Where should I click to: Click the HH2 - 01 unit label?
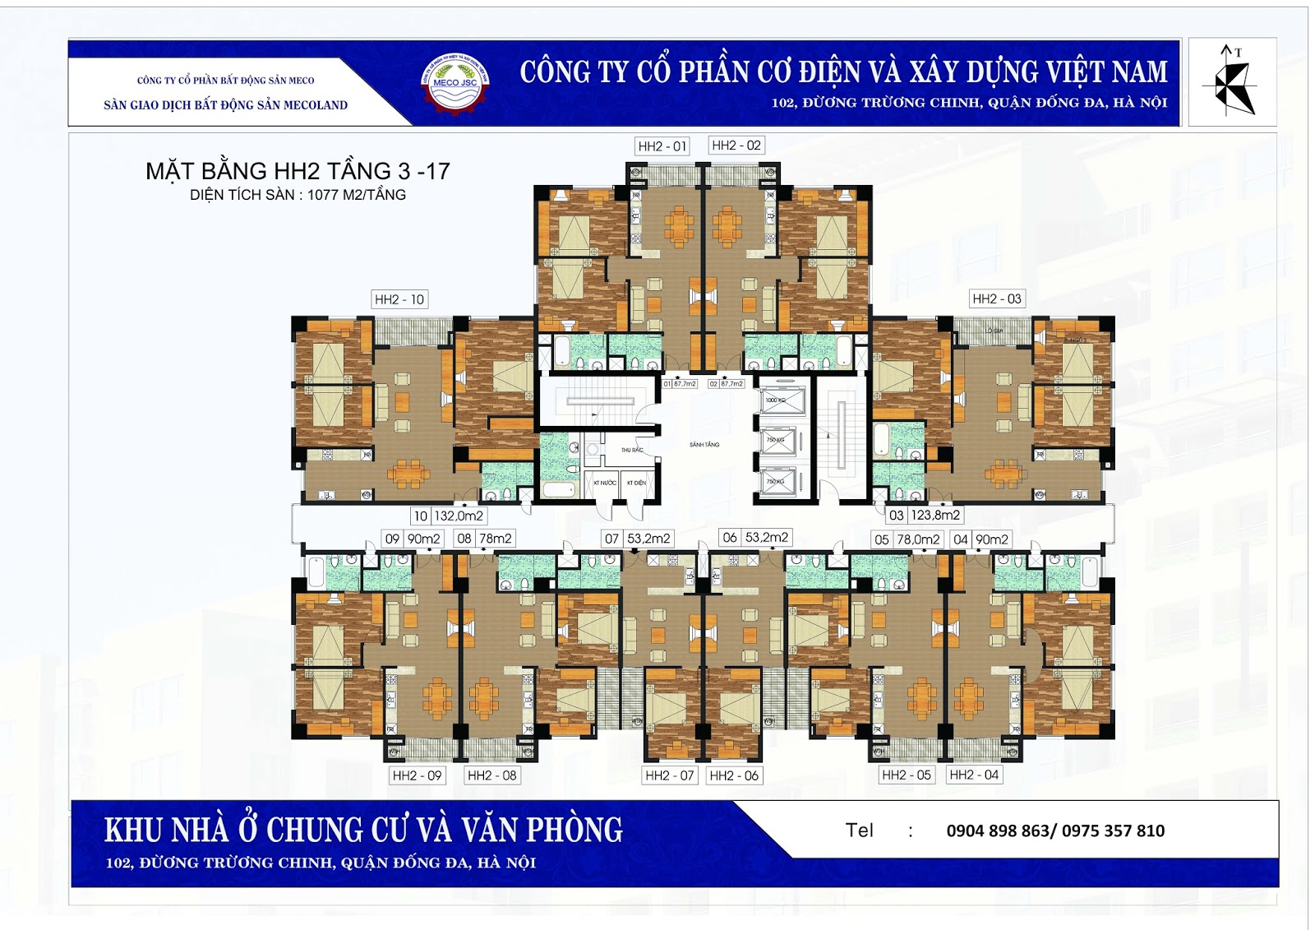tap(662, 146)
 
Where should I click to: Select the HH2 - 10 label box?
tap(399, 299)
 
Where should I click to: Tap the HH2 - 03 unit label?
tap(996, 298)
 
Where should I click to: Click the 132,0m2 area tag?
tap(459, 516)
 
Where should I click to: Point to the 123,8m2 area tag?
tap(935, 515)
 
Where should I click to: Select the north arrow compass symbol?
tap(1231, 81)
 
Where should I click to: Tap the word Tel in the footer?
tap(859, 831)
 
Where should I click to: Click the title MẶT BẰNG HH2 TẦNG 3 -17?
tap(298, 171)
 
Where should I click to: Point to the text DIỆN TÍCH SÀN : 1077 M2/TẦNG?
tap(298, 195)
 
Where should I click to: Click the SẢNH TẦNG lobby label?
tap(704, 445)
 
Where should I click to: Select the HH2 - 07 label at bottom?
tap(669, 775)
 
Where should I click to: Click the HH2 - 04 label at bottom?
tap(974, 775)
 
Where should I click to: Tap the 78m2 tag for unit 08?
tap(496, 539)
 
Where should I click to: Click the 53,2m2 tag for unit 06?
tap(767, 537)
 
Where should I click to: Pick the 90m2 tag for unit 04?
tap(992, 539)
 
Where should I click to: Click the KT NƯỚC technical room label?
tap(605, 483)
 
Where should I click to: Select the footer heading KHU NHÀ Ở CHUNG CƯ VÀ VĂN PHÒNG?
tap(363, 830)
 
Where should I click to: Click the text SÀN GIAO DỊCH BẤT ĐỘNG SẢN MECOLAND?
tap(225, 105)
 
